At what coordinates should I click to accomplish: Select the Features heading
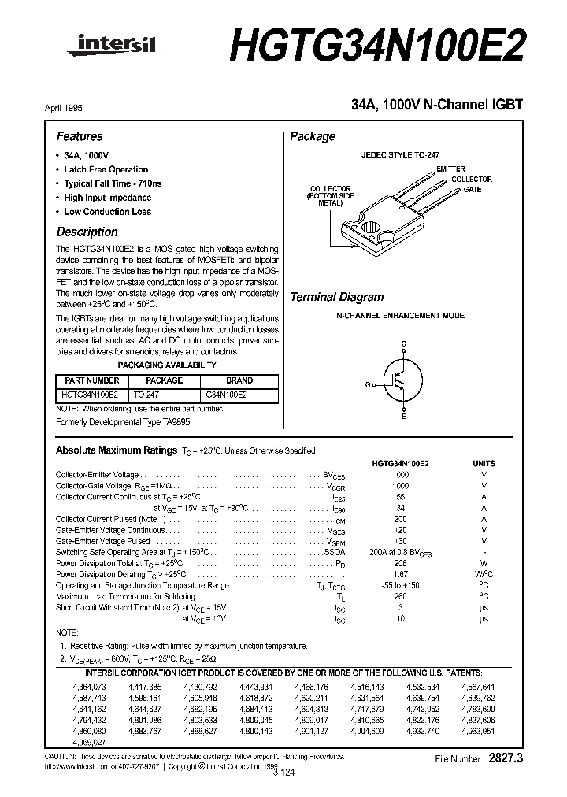tap(80, 136)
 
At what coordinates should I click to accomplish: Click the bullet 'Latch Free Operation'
tap(106, 169)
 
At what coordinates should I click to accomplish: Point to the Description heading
tap(87, 232)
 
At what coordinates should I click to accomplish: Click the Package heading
tap(313, 136)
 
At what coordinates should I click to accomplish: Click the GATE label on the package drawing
tap(472, 190)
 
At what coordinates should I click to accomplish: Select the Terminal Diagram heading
tap(337, 297)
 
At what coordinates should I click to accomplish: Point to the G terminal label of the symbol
tap(367, 384)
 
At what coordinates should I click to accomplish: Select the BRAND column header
tap(239, 380)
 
